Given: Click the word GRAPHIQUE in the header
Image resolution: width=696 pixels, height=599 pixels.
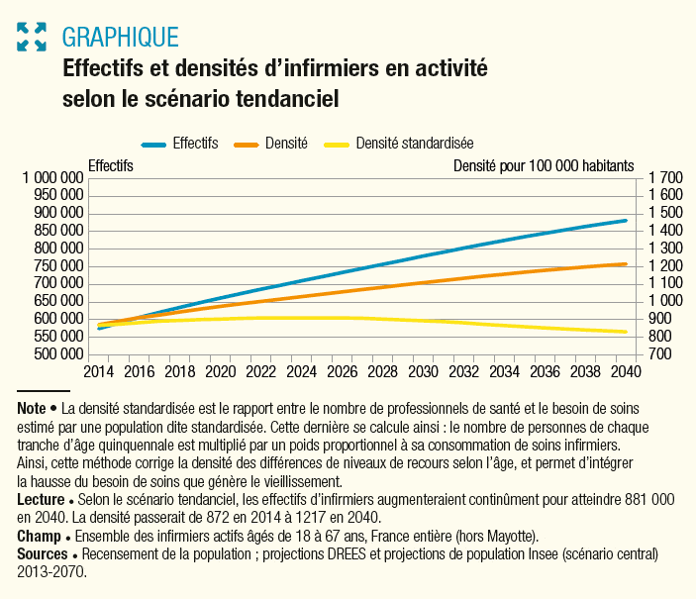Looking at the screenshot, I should (x=120, y=38).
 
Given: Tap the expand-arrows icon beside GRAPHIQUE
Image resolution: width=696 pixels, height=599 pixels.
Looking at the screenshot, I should (x=33, y=38).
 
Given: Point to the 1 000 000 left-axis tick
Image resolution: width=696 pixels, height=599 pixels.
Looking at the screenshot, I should (x=52, y=178).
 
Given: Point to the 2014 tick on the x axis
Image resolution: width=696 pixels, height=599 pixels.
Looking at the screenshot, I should (x=98, y=372).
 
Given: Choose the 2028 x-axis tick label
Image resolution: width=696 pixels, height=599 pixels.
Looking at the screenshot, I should (x=382, y=372).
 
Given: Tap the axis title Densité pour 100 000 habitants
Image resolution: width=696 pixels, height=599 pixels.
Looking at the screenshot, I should (x=544, y=165).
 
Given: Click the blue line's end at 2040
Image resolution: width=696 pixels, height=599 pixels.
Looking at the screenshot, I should (x=626, y=220).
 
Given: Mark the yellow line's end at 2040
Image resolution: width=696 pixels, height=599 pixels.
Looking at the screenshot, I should (x=626, y=332).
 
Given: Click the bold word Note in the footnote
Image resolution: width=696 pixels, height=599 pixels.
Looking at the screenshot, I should (x=32, y=409).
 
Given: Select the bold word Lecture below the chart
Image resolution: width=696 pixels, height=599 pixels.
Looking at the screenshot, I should (x=41, y=501).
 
